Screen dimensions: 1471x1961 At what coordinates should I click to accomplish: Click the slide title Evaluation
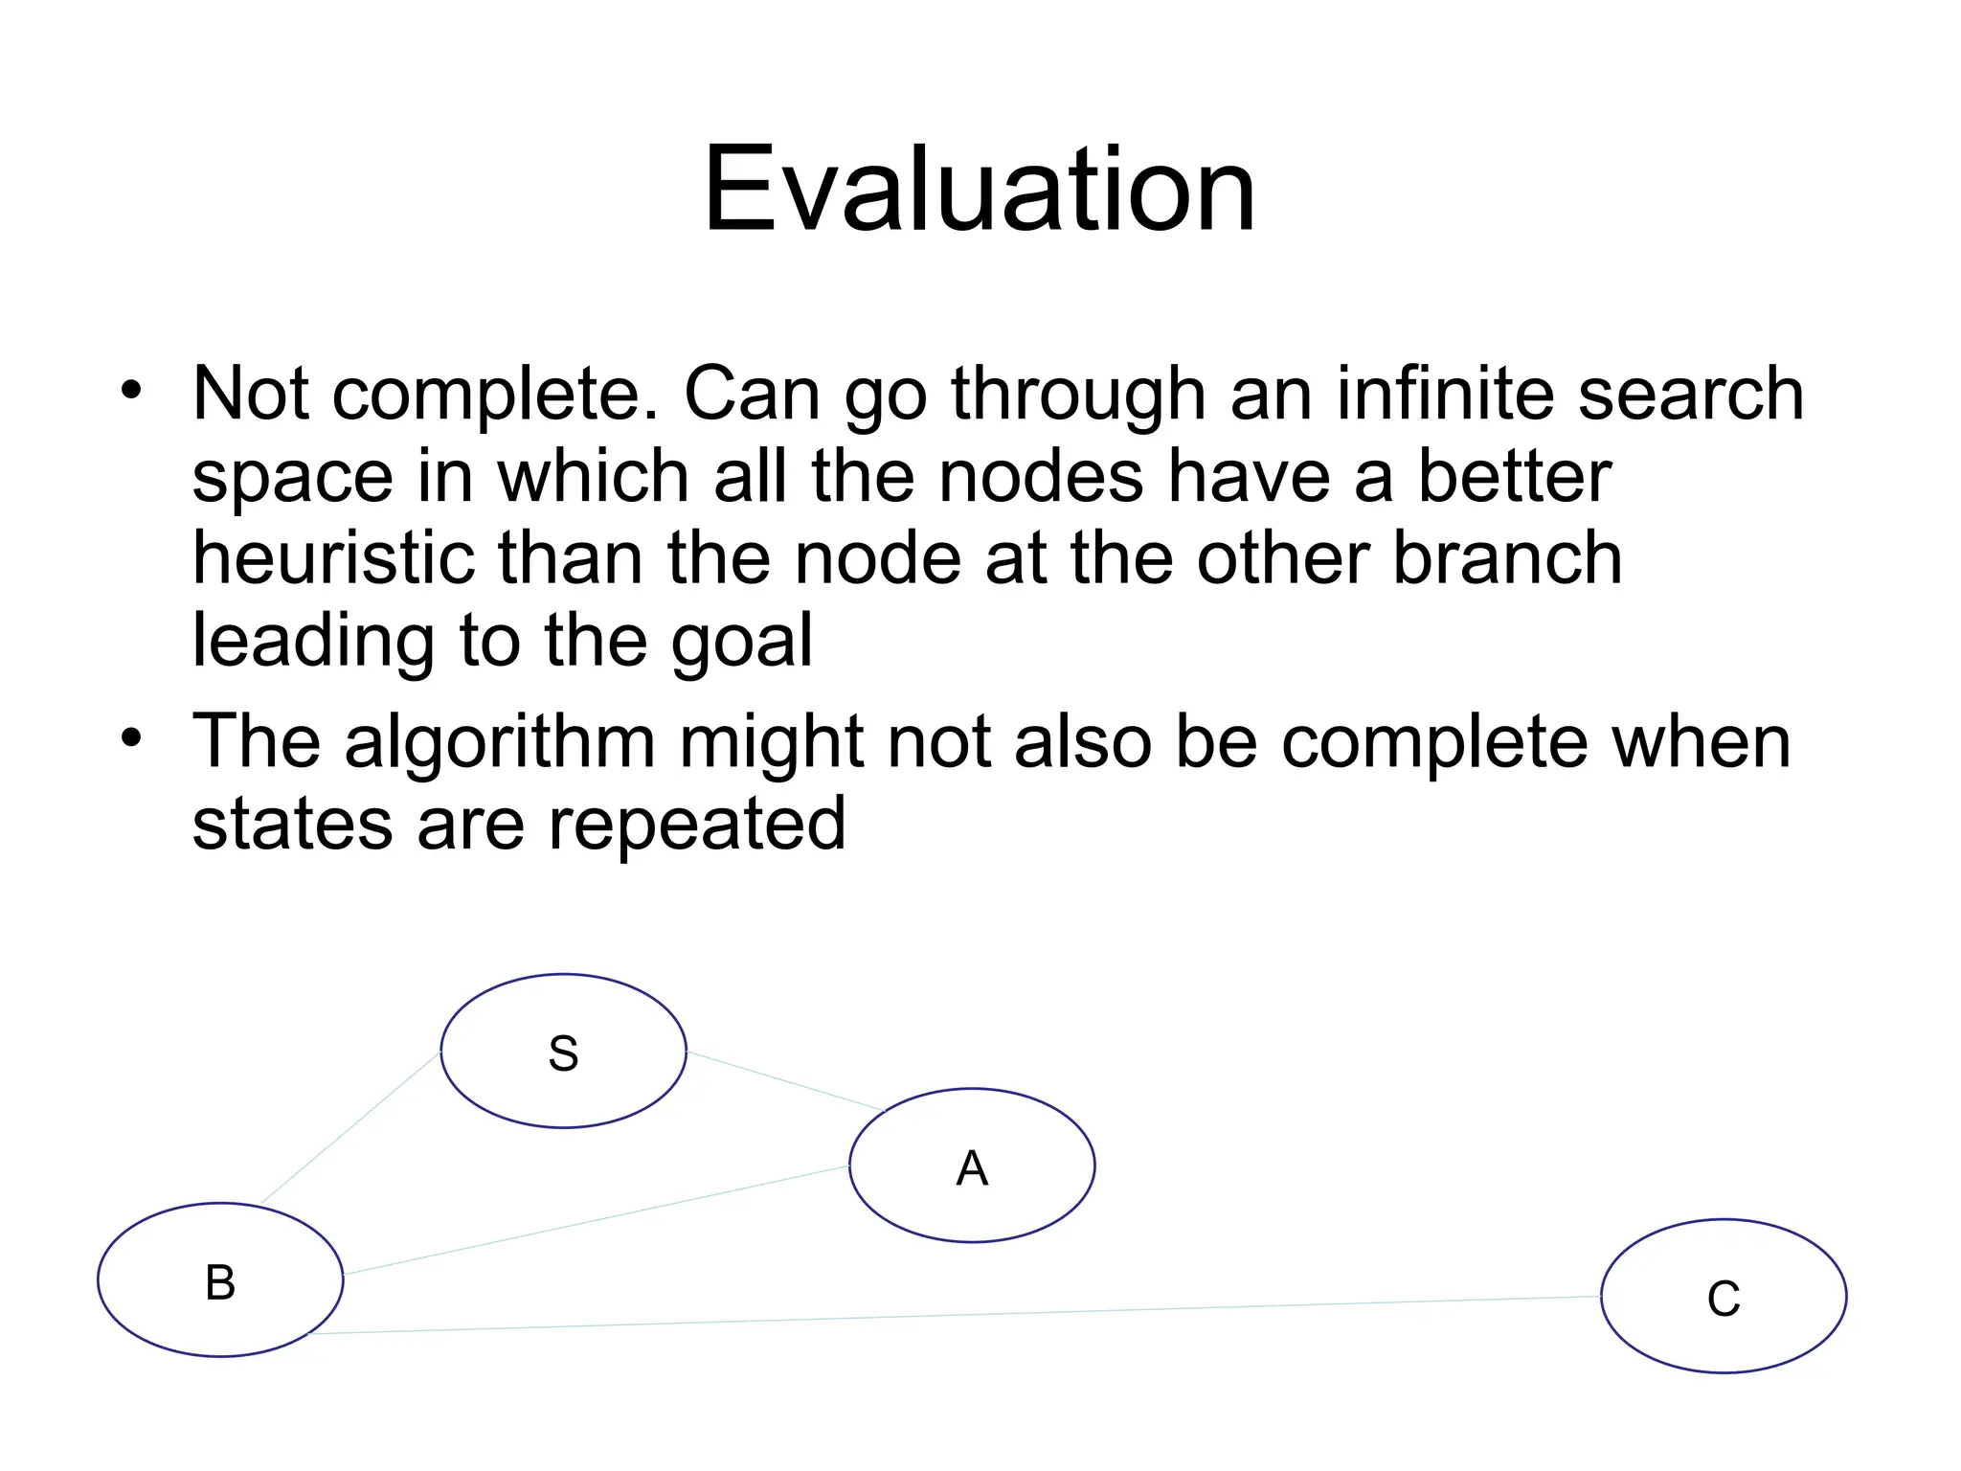point(979,189)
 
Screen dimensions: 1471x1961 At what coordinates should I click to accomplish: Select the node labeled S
point(563,1052)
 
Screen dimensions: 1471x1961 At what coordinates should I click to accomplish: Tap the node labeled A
point(971,1165)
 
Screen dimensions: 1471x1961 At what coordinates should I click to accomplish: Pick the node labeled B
point(220,1280)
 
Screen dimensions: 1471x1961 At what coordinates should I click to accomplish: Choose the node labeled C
point(1723,1297)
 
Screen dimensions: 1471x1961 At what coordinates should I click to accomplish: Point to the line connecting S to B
point(349,1128)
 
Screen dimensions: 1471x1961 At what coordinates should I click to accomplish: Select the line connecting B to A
point(594,1220)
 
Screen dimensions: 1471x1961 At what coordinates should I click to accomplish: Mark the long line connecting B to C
point(958,1315)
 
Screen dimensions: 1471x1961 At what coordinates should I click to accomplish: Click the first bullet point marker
point(131,391)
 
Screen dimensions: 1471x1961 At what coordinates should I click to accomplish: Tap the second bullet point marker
point(131,738)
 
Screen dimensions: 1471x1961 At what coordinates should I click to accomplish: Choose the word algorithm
point(500,742)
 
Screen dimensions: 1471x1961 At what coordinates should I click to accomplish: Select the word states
point(292,824)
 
